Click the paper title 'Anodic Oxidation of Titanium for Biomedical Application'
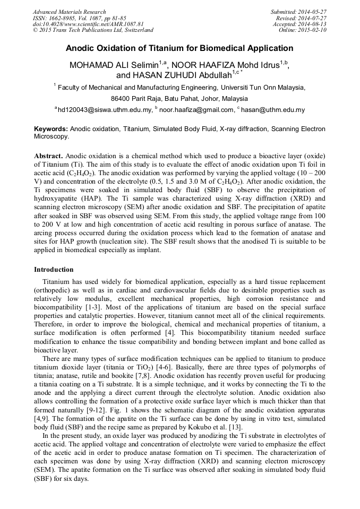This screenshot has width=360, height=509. (179, 48)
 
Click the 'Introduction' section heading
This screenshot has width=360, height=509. (54, 270)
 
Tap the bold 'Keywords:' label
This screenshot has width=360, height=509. (51, 129)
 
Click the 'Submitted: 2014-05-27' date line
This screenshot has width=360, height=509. (298, 12)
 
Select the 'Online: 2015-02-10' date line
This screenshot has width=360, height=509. (303, 30)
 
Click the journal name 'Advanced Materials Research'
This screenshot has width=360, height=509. (69, 12)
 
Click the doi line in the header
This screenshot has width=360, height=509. (88, 24)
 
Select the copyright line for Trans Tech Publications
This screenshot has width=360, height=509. (93, 30)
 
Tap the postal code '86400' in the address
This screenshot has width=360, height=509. (120, 99)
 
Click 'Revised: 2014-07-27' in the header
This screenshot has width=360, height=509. (301, 18)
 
